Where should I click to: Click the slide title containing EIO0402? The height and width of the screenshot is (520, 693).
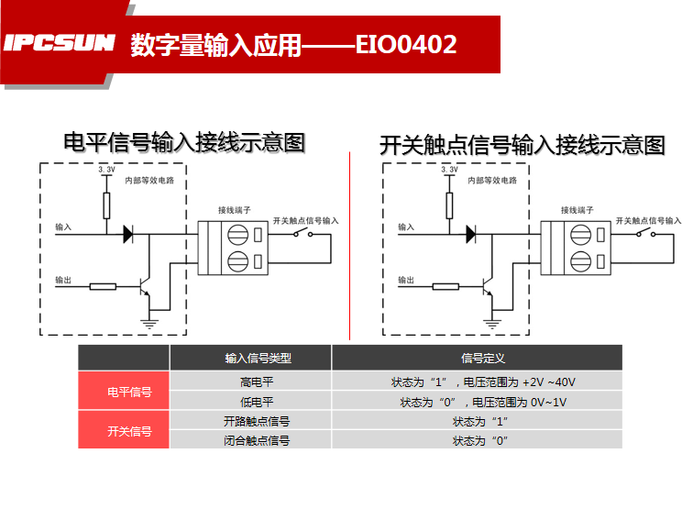tap(293, 45)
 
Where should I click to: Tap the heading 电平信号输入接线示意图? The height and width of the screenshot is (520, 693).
tap(182, 143)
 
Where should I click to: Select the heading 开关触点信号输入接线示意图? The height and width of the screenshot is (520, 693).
tap(522, 145)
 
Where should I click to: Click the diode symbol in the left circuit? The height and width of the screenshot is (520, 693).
tap(128, 234)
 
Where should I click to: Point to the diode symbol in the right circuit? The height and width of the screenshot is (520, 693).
tap(471, 234)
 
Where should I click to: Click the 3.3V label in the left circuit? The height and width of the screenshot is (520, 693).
tap(106, 171)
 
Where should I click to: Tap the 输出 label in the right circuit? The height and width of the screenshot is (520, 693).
tap(406, 279)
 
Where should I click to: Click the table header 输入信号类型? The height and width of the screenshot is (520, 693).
tap(250, 358)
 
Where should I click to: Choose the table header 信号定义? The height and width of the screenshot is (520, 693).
tap(477, 358)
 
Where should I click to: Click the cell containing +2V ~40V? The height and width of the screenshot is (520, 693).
tap(477, 382)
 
